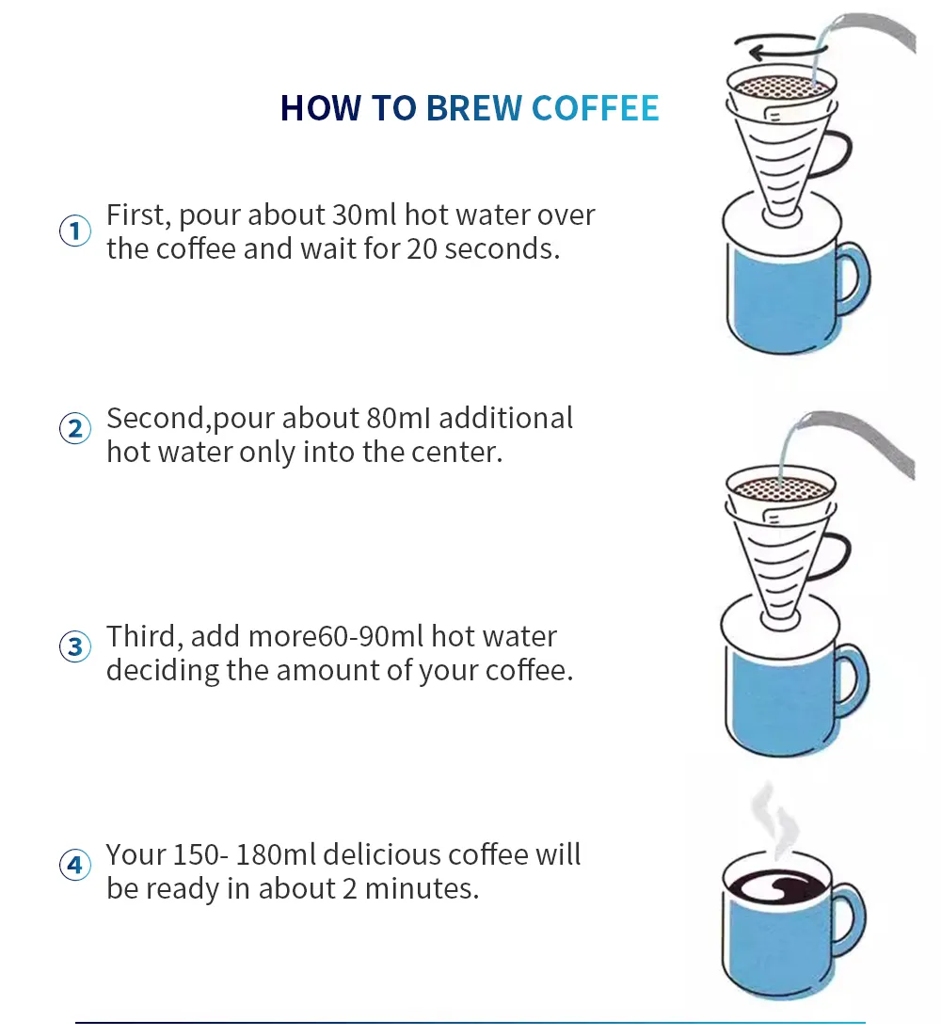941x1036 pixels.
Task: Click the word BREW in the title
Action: pos(474,107)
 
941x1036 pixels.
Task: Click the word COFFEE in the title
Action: pos(596,107)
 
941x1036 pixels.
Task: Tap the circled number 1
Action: pos(75,231)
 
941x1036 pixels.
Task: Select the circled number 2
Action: pos(75,428)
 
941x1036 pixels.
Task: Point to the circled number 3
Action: pos(75,646)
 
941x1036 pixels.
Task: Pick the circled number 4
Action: pos(75,865)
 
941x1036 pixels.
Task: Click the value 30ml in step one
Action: pos(365,215)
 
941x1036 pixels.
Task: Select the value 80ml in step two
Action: pos(399,418)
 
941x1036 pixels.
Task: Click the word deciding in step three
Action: pos(163,671)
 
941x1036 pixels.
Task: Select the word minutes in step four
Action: pos(422,888)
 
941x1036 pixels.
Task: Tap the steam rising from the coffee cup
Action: pos(774,820)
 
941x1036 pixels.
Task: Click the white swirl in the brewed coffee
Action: pos(774,885)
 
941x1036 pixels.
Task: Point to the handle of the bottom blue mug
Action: pos(848,919)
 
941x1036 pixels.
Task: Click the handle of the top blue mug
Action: pos(853,279)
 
